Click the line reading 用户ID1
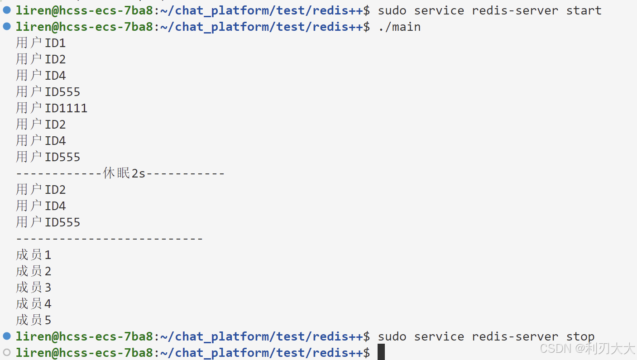point(41,43)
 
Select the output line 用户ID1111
point(52,108)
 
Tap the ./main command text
point(399,27)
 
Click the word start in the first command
point(584,10)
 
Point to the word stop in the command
point(580,336)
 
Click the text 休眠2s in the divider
point(125,173)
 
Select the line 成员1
point(34,255)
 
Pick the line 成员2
point(34,271)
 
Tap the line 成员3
point(34,288)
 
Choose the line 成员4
point(34,304)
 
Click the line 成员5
point(34,320)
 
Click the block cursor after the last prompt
point(381,352)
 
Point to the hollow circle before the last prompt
point(7,352)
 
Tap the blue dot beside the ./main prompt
point(7,26)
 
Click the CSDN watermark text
point(588,348)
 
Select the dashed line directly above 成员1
point(109,239)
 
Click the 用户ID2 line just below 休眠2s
point(41,190)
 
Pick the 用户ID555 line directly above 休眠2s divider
point(48,157)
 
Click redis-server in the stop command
point(515,336)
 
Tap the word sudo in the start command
point(392,10)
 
